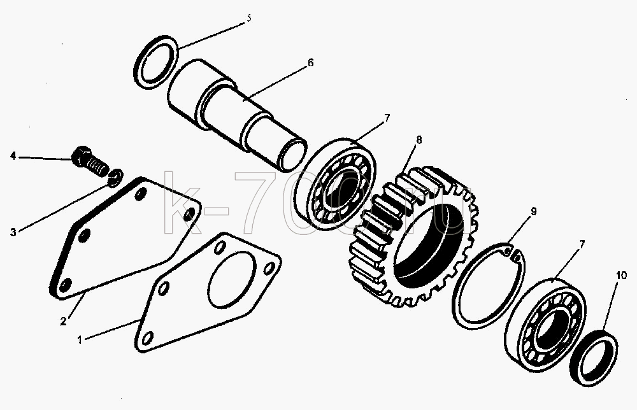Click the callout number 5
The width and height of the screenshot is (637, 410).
[248, 18]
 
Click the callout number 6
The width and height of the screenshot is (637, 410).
[310, 62]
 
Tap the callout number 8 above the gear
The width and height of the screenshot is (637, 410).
[419, 139]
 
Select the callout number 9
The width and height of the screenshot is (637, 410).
[533, 211]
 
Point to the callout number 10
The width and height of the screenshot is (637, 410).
[621, 276]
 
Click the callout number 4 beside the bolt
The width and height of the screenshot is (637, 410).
[13, 155]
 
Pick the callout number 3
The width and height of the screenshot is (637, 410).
[13, 232]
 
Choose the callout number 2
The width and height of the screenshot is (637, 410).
[63, 322]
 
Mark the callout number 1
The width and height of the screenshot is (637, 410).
[80, 339]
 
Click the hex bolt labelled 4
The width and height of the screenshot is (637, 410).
[90, 161]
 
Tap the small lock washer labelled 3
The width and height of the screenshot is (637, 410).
[116, 178]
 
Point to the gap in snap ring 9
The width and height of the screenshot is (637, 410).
[512, 253]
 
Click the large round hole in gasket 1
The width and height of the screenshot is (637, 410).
[232, 279]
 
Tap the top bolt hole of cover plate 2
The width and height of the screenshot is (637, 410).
[140, 194]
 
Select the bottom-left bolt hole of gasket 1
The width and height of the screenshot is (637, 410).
[148, 337]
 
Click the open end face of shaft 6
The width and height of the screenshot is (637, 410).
[291, 154]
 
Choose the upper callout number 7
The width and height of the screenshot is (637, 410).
[387, 118]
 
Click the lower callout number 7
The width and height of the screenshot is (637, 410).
[582, 244]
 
